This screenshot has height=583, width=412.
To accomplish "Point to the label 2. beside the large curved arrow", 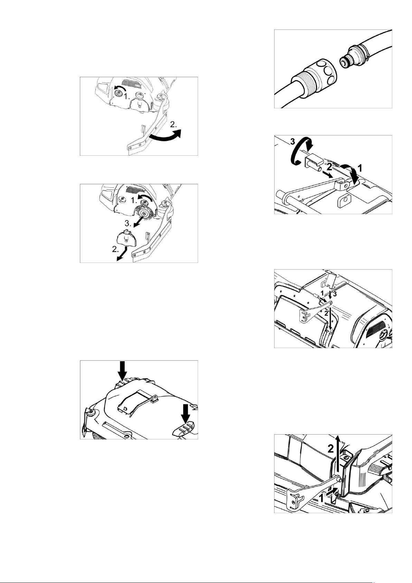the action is tap(174, 125).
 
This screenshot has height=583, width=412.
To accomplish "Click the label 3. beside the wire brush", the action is tap(128, 224).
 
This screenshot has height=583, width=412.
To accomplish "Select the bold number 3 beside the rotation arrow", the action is tap(292, 142).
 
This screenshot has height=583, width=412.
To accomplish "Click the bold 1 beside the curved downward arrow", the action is tap(360, 168).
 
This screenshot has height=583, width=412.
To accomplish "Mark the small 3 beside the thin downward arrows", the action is tap(335, 294).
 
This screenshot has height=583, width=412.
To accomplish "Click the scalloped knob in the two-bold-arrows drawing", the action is tap(91, 411).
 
